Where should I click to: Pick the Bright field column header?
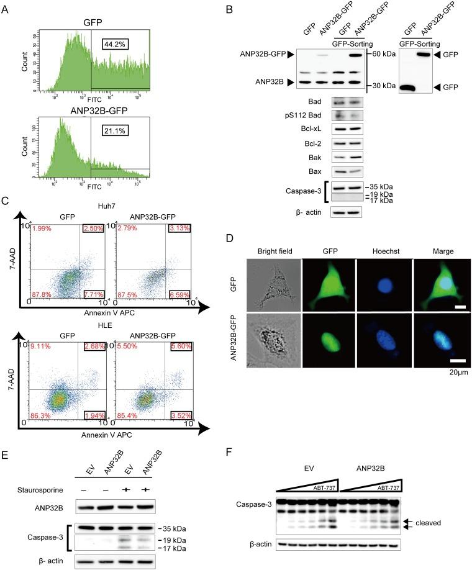click(x=273, y=235)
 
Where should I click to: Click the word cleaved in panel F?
click(x=429, y=523)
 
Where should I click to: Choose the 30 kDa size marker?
click(x=382, y=86)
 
